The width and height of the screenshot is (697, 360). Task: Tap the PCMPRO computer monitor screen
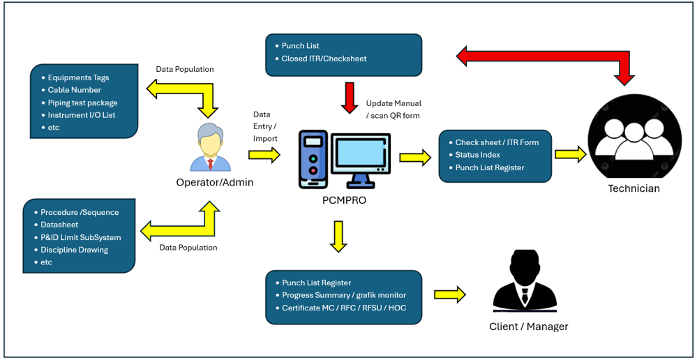(x=361, y=154)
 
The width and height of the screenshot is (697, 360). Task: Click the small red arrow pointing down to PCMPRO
(x=350, y=97)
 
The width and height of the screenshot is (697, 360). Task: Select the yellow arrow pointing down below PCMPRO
(x=338, y=236)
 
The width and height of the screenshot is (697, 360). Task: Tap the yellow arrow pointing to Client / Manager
(x=449, y=294)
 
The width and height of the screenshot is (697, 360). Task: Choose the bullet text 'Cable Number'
(x=74, y=90)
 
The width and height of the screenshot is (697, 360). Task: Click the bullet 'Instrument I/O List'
(x=81, y=115)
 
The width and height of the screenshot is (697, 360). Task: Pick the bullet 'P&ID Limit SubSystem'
(x=80, y=237)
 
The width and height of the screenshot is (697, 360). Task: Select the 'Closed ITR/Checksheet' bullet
(x=324, y=59)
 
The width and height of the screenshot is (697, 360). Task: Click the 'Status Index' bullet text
(x=477, y=155)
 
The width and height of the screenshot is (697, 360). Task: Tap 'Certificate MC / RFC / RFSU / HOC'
(x=343, y=308)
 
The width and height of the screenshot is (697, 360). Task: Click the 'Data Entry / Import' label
(x=265, y=126)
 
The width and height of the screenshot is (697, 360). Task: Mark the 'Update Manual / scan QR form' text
(x=394, y=110)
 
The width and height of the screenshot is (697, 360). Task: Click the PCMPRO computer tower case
(x=313, y=159)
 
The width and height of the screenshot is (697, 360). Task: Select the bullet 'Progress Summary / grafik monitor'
(x=343, y=295)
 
